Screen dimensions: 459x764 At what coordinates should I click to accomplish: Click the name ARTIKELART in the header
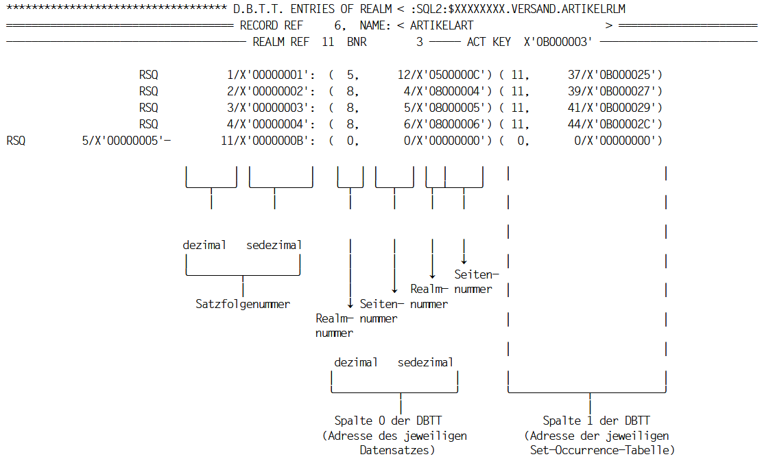[442, 26]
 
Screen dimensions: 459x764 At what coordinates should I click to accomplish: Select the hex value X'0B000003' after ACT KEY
[558, 42]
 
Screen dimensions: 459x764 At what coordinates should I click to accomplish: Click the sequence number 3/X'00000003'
[271, 108]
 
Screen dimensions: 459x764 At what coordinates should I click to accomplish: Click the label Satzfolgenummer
[243, 304]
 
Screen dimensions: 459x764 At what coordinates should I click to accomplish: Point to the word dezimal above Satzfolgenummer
[204, 245]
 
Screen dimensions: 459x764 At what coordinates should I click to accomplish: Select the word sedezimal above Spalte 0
[425, 362]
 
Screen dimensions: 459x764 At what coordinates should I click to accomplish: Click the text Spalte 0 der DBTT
[387, 421]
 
